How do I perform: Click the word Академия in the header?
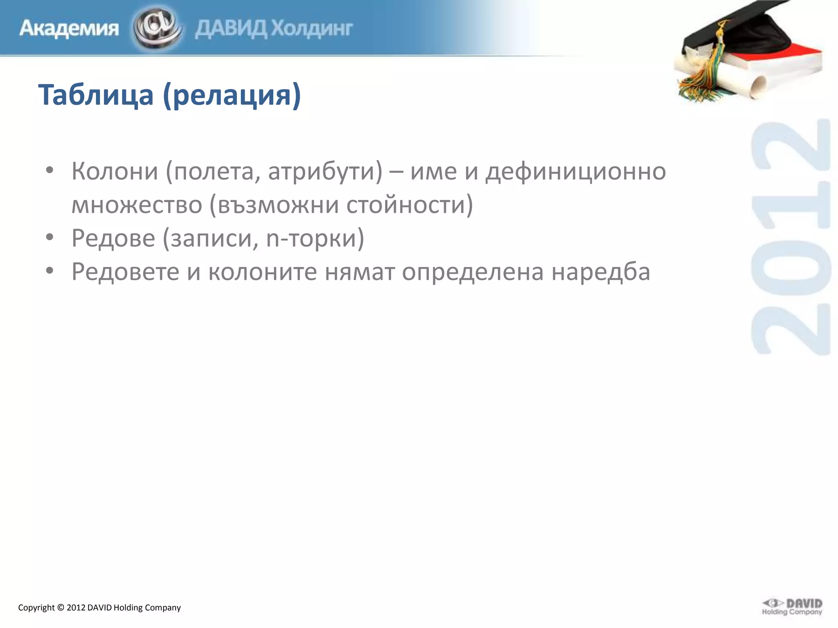(x=69, y=29)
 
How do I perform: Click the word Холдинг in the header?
(x=312, y=29)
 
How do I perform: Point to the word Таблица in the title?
(x=96, y=95)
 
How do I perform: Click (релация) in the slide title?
(x=232, y=95)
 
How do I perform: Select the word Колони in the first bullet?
(x=115, y=171)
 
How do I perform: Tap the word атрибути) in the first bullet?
(x=325, y=171)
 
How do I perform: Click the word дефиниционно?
(x=575, y=171)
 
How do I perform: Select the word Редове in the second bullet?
(x=113, y=238)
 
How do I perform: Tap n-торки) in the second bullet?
(x=315, y=238)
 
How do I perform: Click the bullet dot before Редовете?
(x=50, y=271)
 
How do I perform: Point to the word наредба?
(x=601, y=271)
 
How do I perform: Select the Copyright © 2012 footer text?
(x=99, y=608)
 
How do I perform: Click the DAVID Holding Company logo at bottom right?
(x=792, y=607)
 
